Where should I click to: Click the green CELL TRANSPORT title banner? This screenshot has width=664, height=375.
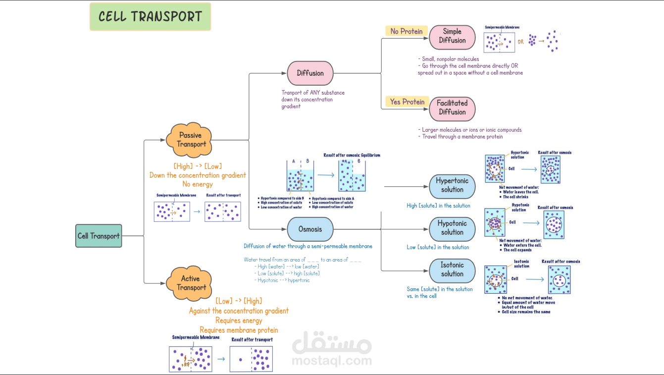(x=150, y=16)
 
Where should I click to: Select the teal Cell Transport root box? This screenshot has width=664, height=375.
(x=99, y=236)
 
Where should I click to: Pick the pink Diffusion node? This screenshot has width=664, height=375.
(x=310, y=73)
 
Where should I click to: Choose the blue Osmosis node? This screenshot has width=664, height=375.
(x=310, y=229)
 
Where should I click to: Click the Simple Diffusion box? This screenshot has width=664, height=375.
(x=452, y=36)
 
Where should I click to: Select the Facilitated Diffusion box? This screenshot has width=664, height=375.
(x=452, y=107)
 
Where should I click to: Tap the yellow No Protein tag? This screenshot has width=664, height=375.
(x=407, y=31)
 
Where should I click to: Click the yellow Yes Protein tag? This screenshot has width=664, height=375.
(x=407, y=102)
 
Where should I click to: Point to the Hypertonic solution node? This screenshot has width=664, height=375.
(x=452, y=185)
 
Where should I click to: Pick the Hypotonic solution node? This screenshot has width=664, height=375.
(x=452, y=228)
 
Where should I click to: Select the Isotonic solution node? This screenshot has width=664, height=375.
(x=452, y=269)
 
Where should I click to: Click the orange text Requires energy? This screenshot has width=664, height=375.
(x=239, y=321)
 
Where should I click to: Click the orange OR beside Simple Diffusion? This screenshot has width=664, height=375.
(x=521, y=42)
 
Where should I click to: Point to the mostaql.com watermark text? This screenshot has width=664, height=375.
(x=332, y=361)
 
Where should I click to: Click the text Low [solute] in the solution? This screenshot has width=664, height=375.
(x=438, y=247)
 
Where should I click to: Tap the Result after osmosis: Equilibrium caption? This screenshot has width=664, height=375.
(x=352, y=155)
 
